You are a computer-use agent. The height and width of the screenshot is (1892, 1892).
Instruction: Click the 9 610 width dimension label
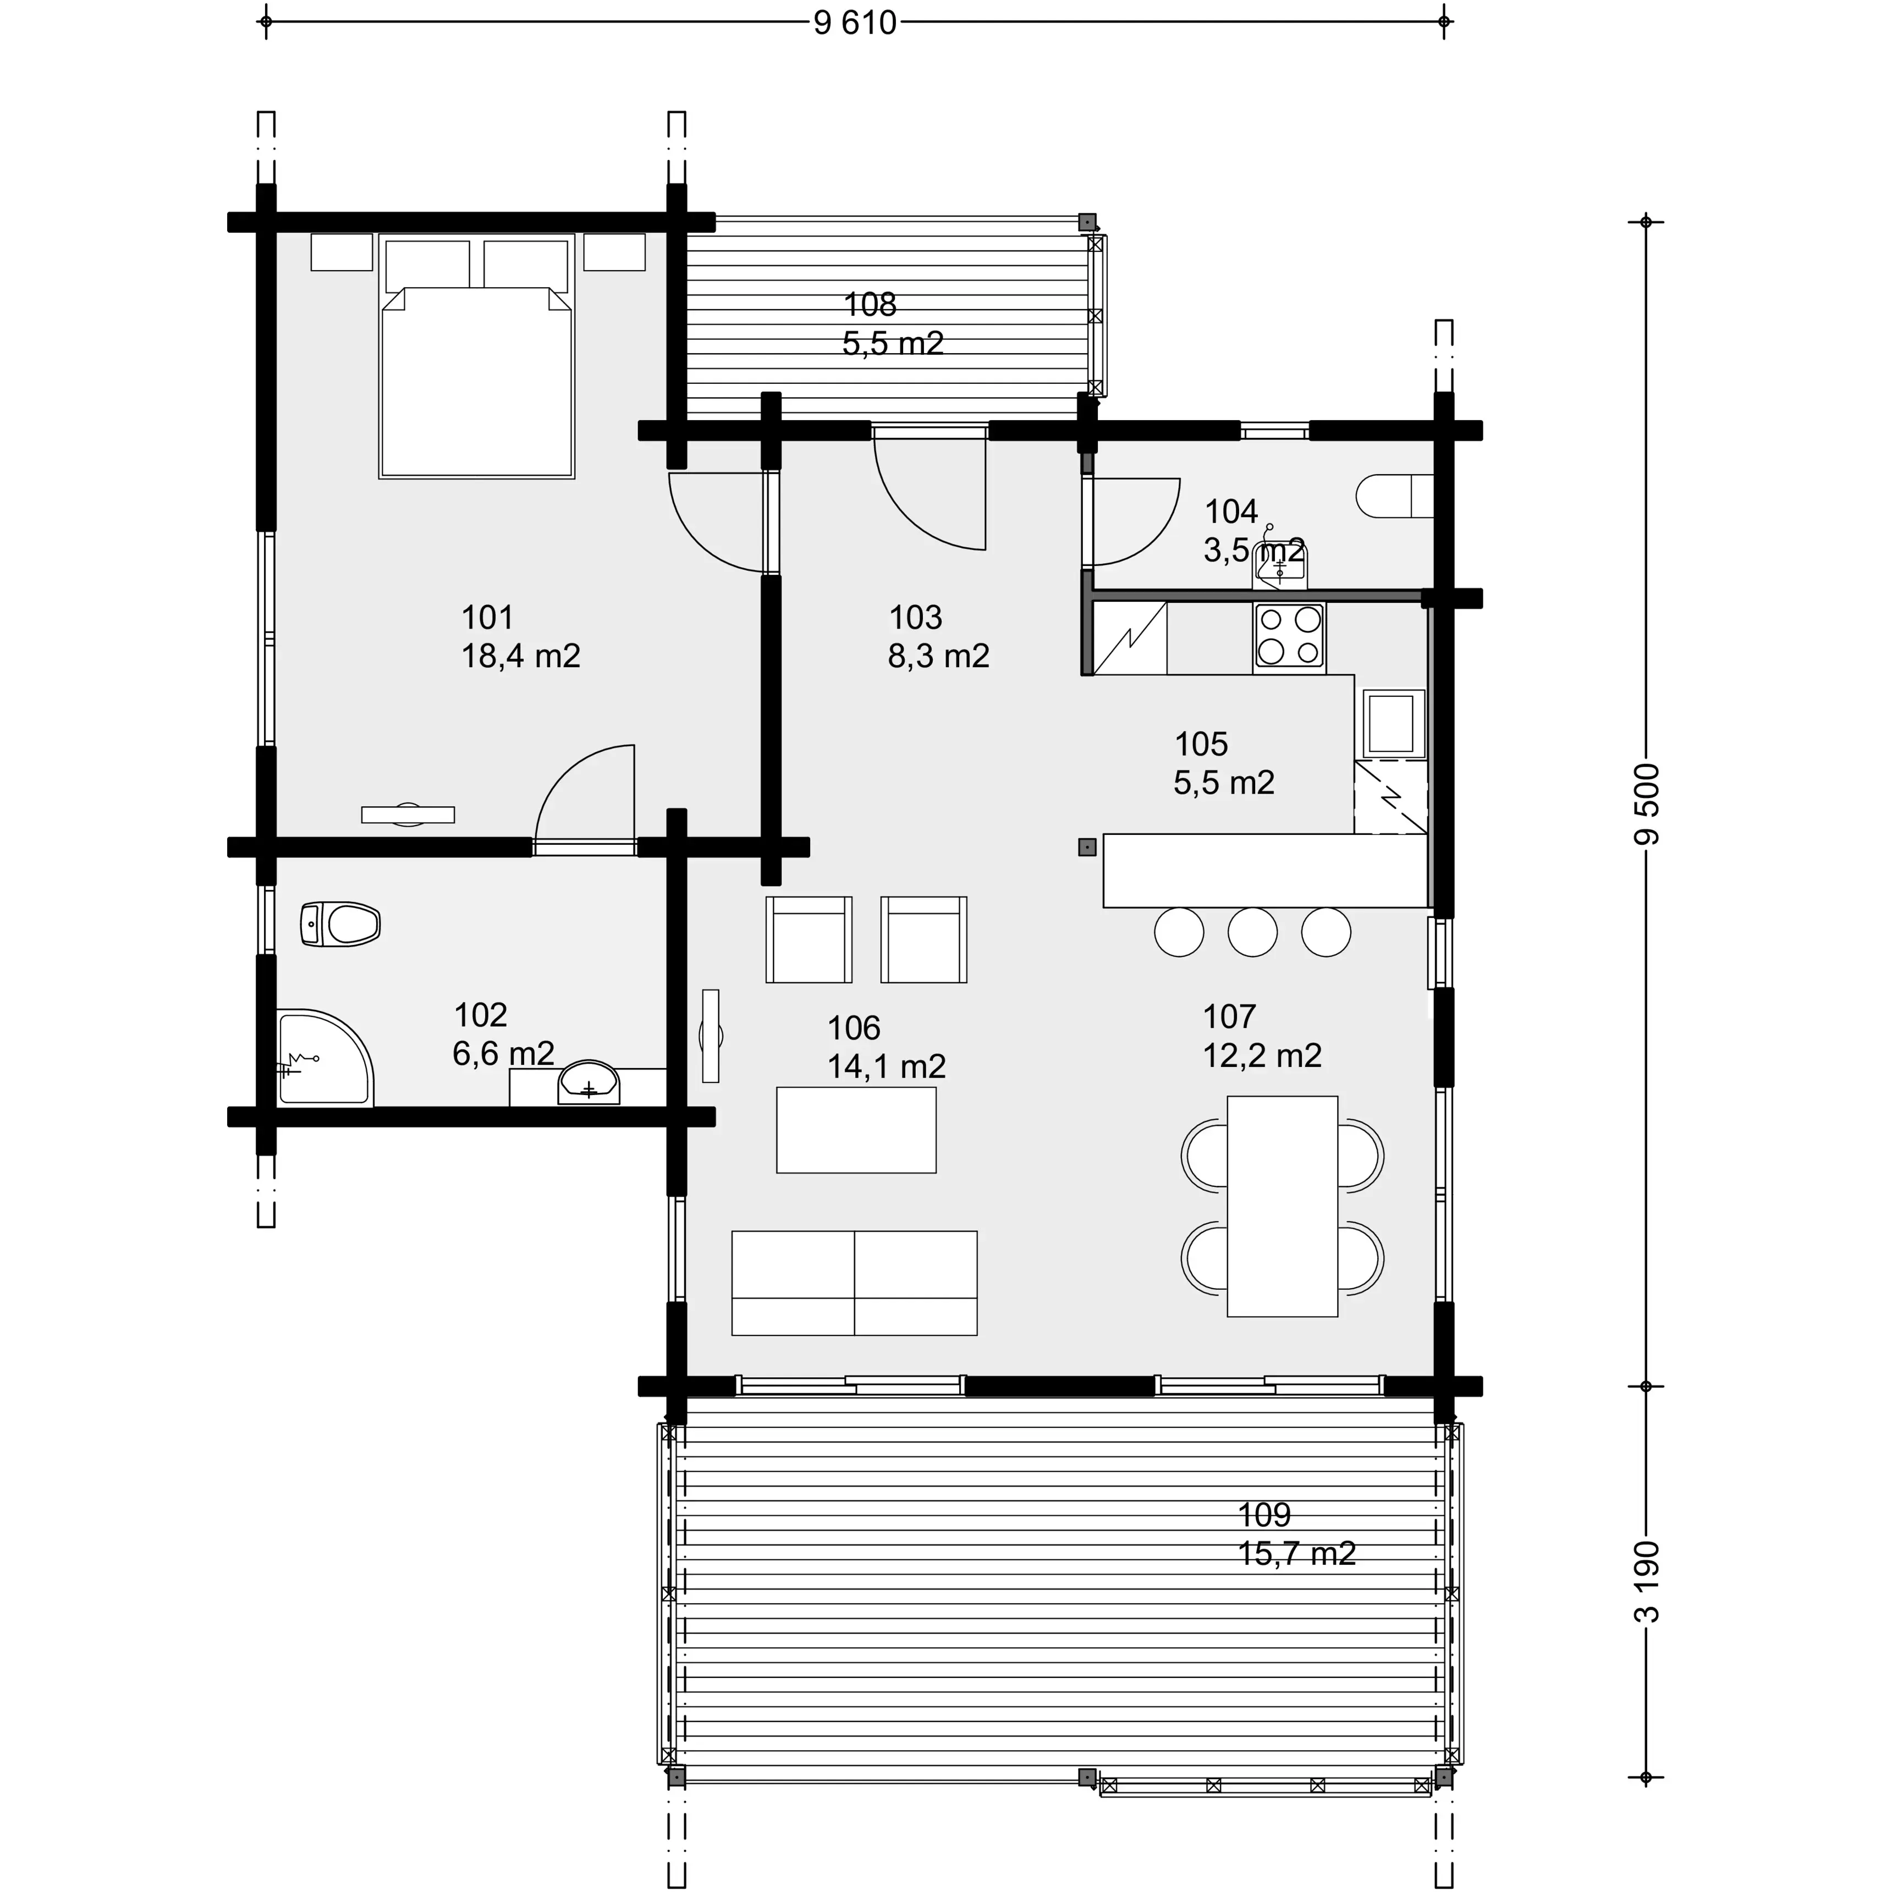point(855,21)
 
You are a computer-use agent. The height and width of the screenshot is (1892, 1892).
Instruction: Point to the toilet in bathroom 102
point(342,923)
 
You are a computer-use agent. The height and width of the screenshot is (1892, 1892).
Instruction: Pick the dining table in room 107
point(1282,1206)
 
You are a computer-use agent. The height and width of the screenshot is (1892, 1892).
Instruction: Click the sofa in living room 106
point(854,1283)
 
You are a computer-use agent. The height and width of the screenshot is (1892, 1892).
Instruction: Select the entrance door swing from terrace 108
point(931,490)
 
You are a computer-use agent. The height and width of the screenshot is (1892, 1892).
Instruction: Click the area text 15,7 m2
point(1296,1553)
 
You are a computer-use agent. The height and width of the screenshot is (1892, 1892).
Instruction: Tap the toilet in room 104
point(1390,497)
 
